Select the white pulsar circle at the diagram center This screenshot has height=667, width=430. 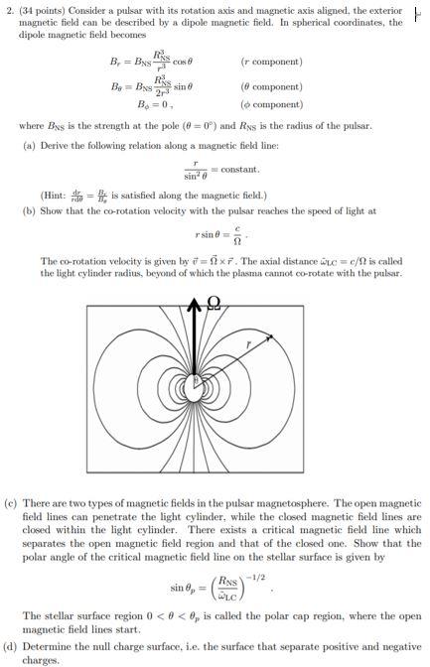(198, 381)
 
